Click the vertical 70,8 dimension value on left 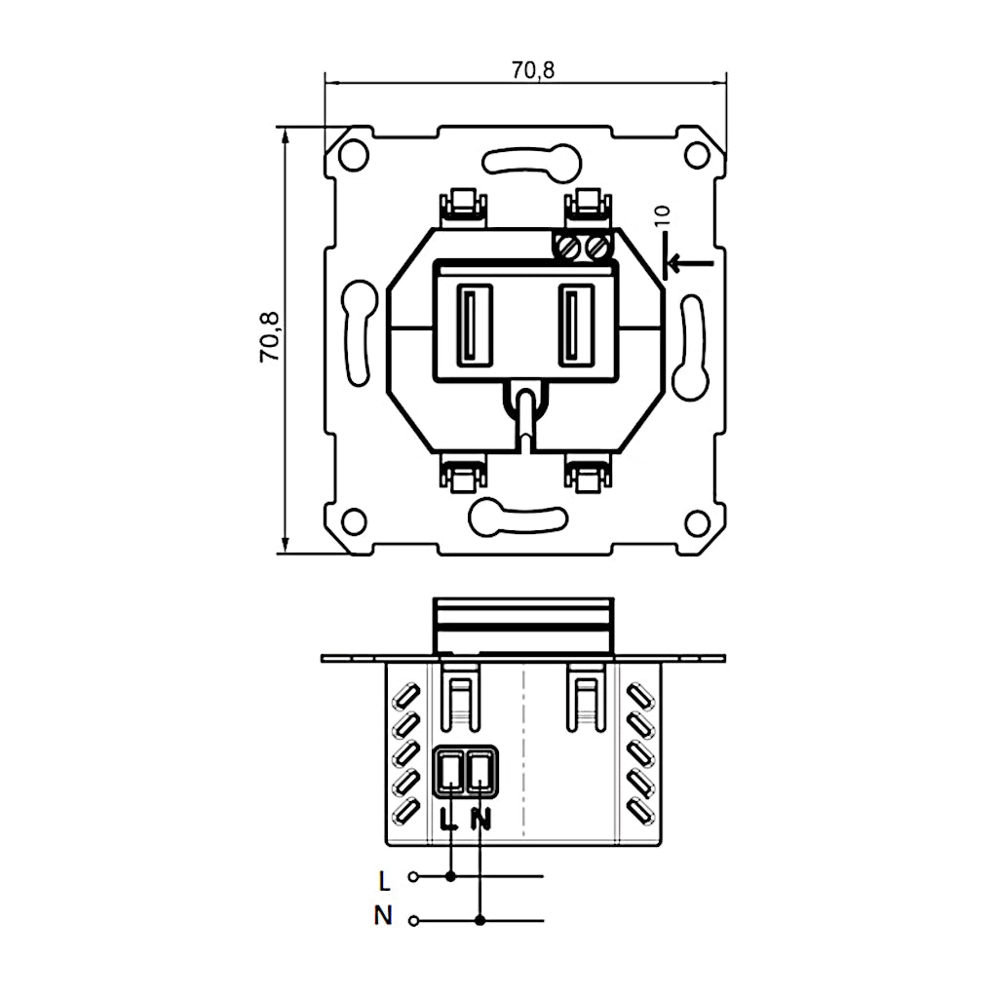coord(270,337)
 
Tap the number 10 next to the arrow coord(664,216)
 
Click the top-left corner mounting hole coord(354,155)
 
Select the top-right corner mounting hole coord(696,155)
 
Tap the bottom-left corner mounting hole coord(354,521)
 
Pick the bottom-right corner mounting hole coord(696,522)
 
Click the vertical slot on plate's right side coord(691,347)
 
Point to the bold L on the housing coord(448,819)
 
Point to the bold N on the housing coord(480,819)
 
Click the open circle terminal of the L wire coord(413,877)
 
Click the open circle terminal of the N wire coord(413,920)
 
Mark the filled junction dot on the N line coord(480,920)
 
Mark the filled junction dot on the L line coord(449,877)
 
